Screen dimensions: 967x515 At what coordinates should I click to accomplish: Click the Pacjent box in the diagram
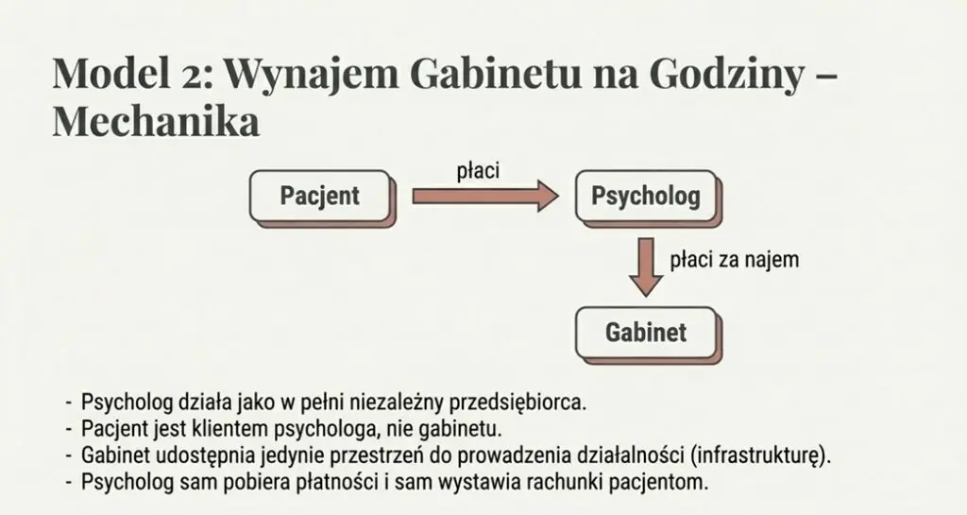point(320,197)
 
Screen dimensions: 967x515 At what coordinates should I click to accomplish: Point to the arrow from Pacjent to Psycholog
point(485,197)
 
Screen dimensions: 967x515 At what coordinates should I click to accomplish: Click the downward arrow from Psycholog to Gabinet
point(646,266)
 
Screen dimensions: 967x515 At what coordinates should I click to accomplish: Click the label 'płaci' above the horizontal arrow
point(478,170)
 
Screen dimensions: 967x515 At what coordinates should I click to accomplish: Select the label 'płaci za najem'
point(734,260)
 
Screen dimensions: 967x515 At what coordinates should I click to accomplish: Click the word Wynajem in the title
point(312,74)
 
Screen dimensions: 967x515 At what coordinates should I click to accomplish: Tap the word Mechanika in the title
point(156,122)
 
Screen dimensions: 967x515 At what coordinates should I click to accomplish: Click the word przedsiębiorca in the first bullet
point(517,403)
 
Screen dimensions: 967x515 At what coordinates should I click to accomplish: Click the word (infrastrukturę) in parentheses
point(761,455)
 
